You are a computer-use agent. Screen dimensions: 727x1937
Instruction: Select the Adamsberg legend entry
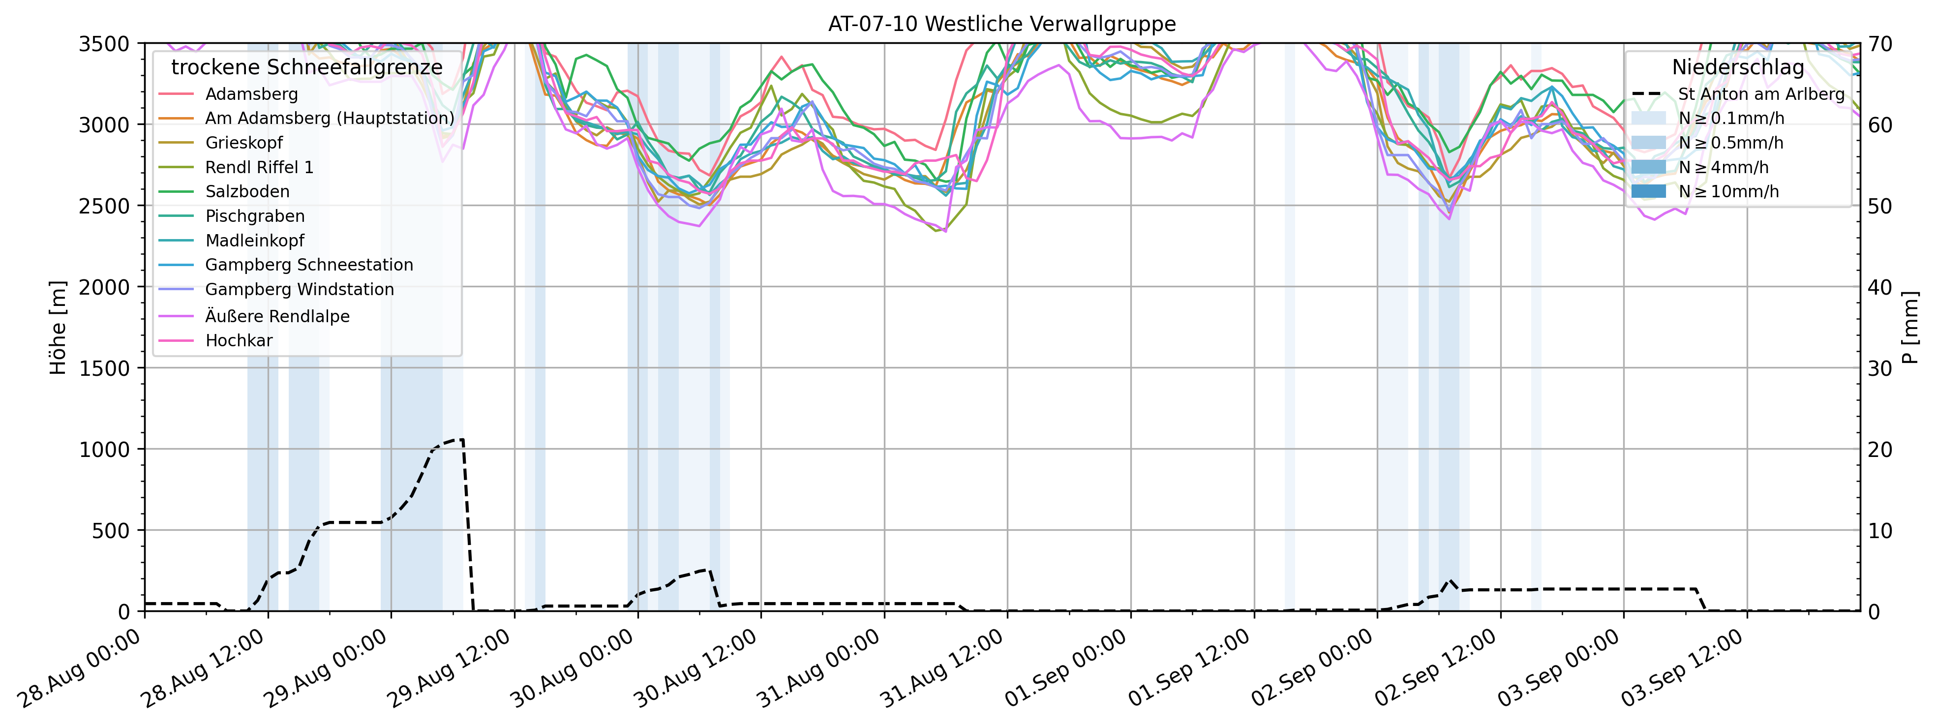coord(251,94)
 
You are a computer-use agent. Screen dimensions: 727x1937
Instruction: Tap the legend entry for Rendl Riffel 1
coord(259,167)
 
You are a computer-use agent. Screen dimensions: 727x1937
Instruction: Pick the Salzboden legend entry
coord(246,192)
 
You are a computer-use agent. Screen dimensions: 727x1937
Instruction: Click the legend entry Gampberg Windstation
coord(299,289)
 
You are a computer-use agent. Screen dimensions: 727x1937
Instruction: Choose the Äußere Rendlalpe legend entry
coord(277,316)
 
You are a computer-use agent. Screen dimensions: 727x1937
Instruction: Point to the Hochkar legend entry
coord(239,340)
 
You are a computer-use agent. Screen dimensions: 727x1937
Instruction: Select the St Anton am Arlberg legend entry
coord(1761,94)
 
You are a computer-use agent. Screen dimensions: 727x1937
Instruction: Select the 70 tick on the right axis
coord(1881,44)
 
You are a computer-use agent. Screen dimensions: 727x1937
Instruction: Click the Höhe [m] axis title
coord(58,327)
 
